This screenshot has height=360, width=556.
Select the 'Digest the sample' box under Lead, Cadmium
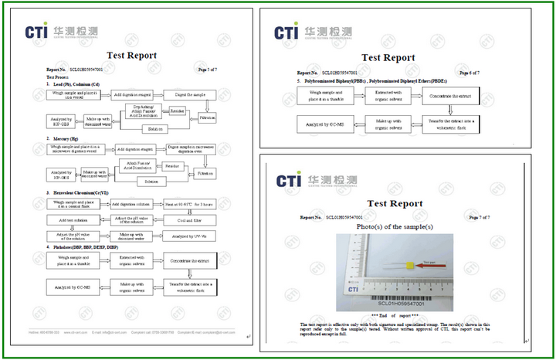188,93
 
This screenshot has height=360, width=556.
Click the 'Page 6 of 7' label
467,73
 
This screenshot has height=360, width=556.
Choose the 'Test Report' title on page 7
395,203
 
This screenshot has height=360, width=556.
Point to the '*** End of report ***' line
394,317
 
